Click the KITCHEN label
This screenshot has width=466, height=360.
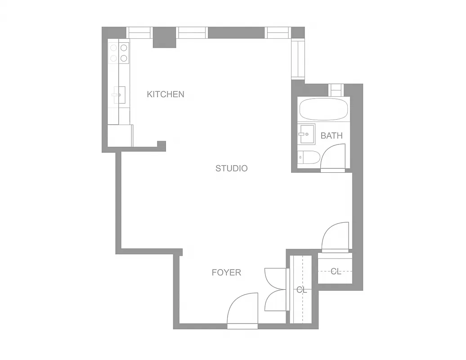pos(166,94)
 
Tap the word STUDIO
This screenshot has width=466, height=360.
pos(231,168)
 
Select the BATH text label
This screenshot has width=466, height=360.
pos(332,135)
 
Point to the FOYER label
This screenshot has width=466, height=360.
pos(226,272)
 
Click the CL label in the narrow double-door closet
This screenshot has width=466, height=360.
pos(301,290)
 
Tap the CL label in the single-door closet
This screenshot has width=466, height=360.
pos(336,271)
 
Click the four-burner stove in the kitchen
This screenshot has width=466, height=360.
pos(119,53)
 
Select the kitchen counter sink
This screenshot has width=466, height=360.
pos(119,94)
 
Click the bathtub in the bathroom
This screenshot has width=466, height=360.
pos(323,109)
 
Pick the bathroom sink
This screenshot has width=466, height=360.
pos(306,134)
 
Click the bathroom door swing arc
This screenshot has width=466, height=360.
pos(333,157)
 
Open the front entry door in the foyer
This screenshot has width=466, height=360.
pos(242,310)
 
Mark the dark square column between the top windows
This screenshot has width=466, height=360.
pos(164,37)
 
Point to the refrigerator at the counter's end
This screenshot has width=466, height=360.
pos(120,135)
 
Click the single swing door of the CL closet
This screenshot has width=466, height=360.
pos(336,237)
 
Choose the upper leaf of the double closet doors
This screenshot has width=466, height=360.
pos(275,279)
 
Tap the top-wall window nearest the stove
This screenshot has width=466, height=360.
pos(140,32)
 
